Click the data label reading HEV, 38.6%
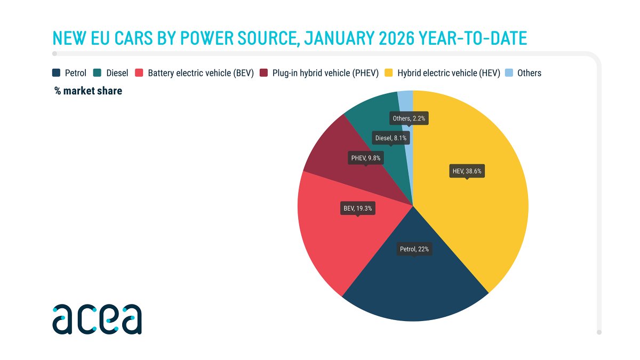point(467,171)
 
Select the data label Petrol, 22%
point(414,249)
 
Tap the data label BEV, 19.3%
point(358,208)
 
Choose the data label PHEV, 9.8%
point(365,158)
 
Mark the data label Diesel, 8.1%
point(391,138)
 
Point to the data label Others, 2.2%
point(409,118)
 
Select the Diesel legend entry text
point(117,73)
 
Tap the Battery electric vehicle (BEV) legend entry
point(201,73)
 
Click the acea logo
point(97,318)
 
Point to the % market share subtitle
point(88,91)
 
